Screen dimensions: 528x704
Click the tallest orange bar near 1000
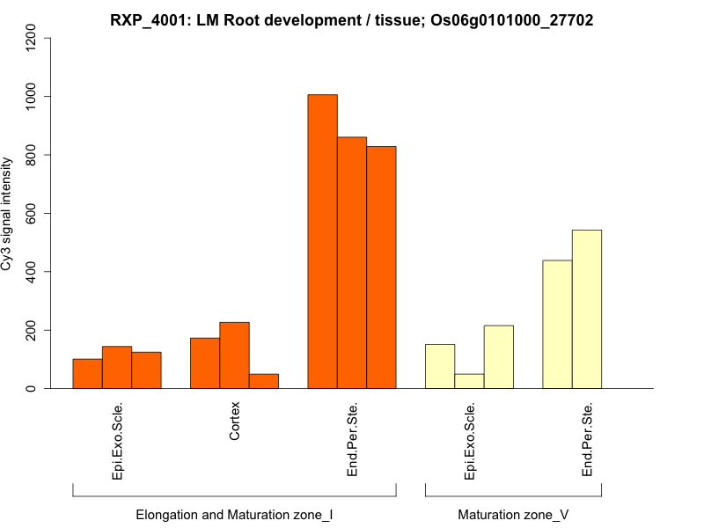(322, 241)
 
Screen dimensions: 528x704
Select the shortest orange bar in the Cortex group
(264, 381)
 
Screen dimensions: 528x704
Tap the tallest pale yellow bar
(587, 309)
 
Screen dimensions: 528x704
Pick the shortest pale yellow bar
(469, 381)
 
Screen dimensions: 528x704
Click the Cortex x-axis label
(235, 422)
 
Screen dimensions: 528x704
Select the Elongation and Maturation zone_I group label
(234, 514)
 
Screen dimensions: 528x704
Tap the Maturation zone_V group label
(513, 514)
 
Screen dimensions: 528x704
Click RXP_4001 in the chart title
(144, 19)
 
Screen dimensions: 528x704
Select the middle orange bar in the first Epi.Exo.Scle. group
(117, 367)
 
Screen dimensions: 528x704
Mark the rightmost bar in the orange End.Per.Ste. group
(381, 268)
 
